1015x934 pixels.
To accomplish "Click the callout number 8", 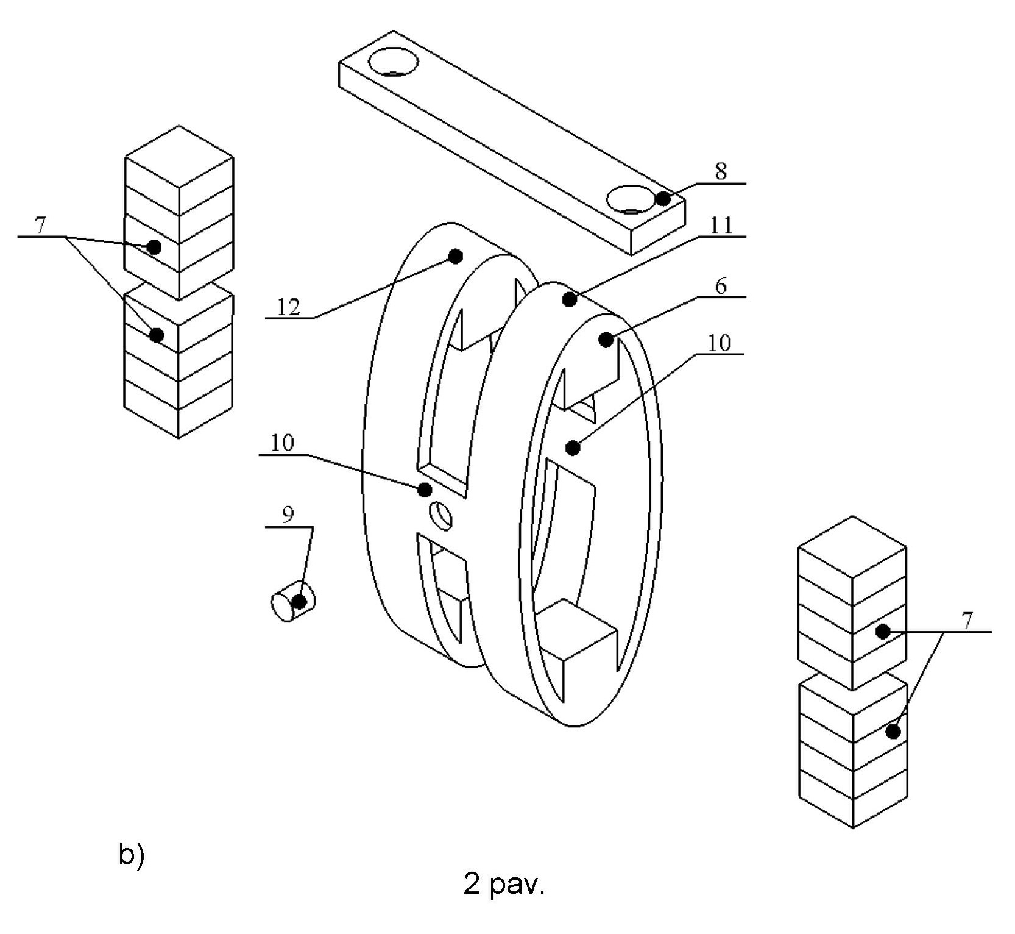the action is click(721, 171).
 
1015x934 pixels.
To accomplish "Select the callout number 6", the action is click(721, 285).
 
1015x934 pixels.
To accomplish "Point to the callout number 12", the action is click(289, 307).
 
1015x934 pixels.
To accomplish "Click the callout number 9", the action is click(288, 515).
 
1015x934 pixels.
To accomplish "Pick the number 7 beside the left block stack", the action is click(40, 226).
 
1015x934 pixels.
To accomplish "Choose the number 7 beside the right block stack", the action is click(968, 621).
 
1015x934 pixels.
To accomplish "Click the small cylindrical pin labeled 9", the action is click(293, 601).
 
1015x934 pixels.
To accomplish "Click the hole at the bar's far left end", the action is click(394, 63).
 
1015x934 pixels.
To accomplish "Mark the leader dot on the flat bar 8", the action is click(663, 199).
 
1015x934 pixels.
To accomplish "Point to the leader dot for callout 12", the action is click(455, 256).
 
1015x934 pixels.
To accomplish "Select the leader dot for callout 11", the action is click(570, 299).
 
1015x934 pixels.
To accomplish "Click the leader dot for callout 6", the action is click(606, 340).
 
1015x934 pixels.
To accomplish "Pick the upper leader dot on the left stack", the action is click(154, 247).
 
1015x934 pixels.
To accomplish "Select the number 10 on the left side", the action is click(282, 443).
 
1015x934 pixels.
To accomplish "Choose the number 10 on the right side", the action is click(720, 343).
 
